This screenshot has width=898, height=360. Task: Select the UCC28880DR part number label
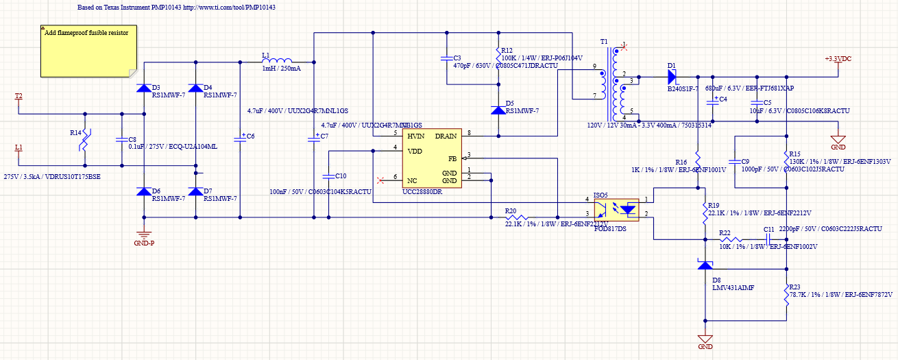(422, 192)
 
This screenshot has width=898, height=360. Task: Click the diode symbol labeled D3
(143, 87)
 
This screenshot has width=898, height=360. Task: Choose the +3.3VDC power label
(838, 59)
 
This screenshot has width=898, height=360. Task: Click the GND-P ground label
(144, 243)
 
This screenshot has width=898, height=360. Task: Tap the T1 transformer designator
(604, 42)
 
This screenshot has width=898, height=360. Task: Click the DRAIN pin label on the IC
(446, 136)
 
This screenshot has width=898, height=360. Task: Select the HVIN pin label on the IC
(416, 136)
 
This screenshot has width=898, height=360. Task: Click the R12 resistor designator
(507, 51)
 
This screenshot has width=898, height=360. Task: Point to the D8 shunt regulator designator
(716, 280)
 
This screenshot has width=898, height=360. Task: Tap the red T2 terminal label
(19, 96)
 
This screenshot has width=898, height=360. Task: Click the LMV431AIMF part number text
(733, 288)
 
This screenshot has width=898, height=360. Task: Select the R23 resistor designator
(795, 287)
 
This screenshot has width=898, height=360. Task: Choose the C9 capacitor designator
(745, 162)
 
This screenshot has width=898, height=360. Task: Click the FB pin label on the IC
(452, 158)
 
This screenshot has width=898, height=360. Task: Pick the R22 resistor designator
(725, 232)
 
